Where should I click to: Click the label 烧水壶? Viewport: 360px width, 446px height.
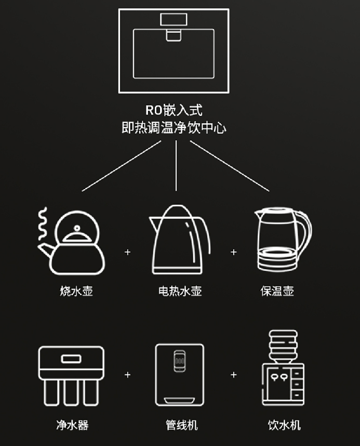(76, 291)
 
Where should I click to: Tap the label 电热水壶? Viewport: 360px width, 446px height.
(180, 291)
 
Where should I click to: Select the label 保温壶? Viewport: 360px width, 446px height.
(277, 291)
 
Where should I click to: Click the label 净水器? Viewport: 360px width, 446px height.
(72, 425)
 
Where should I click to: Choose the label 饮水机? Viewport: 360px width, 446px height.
(284, 425)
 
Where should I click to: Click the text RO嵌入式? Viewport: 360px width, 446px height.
(174, 111)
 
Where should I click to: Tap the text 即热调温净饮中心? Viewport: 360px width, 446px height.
(174, 128)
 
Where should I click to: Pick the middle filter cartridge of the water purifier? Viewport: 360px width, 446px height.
(72, 392)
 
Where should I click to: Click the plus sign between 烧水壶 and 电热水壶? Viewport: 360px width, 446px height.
(127, 252)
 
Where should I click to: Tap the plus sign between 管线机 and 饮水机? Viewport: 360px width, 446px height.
(234, 374)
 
